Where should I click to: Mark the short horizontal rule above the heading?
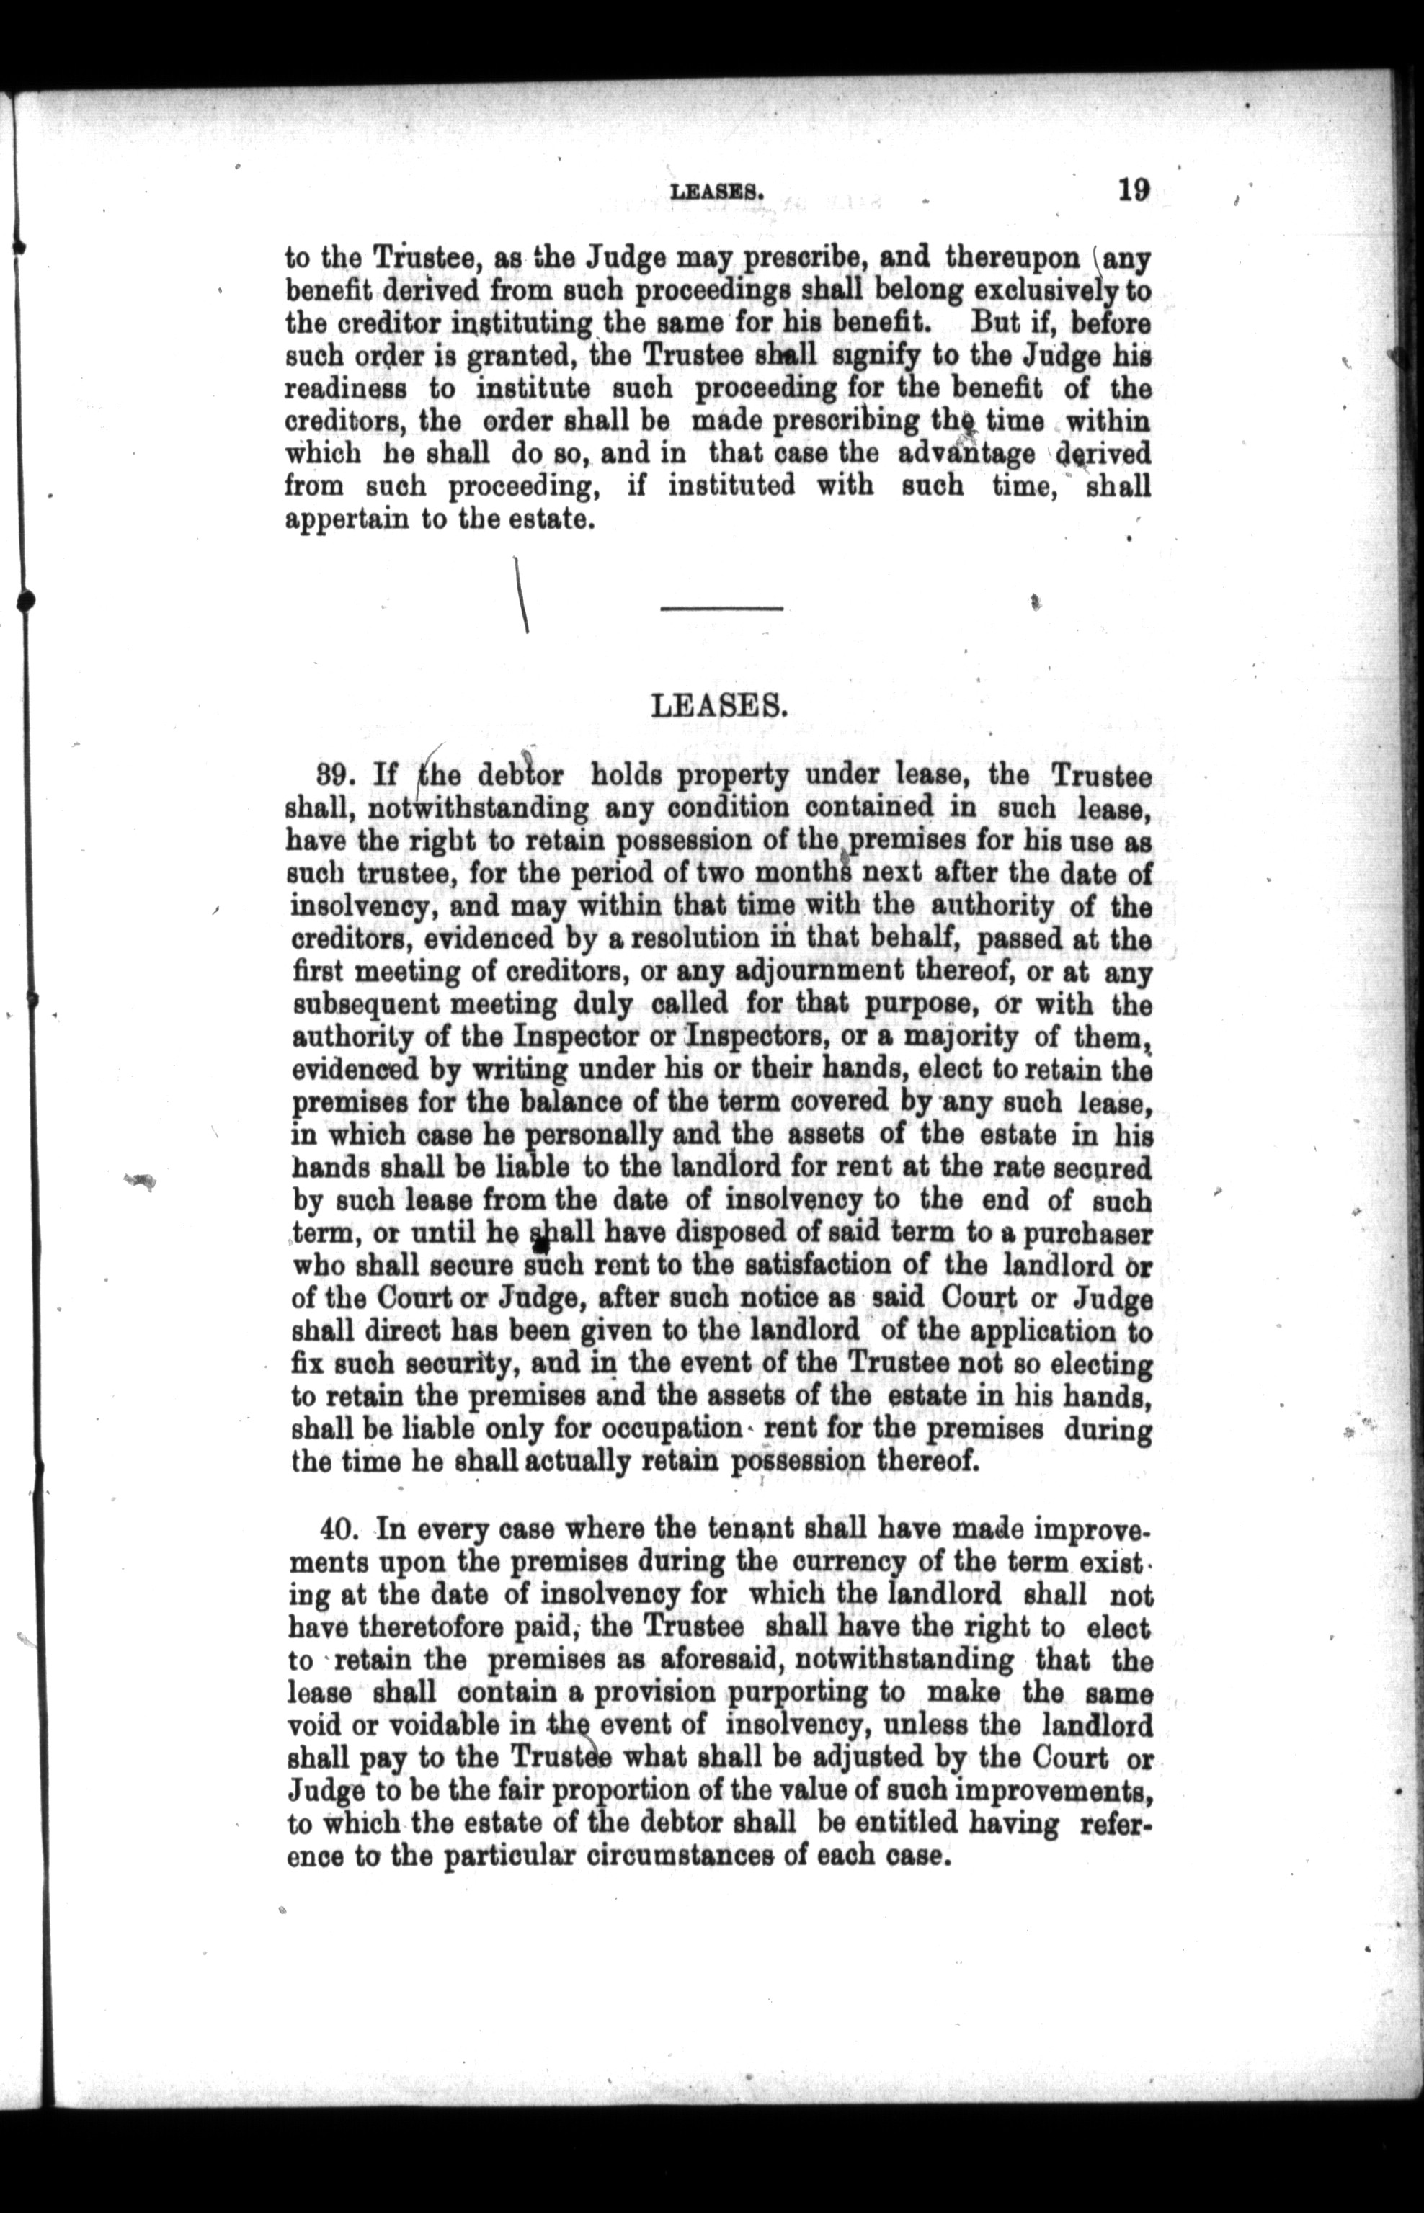pyautogui.click(x=721, y=608)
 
